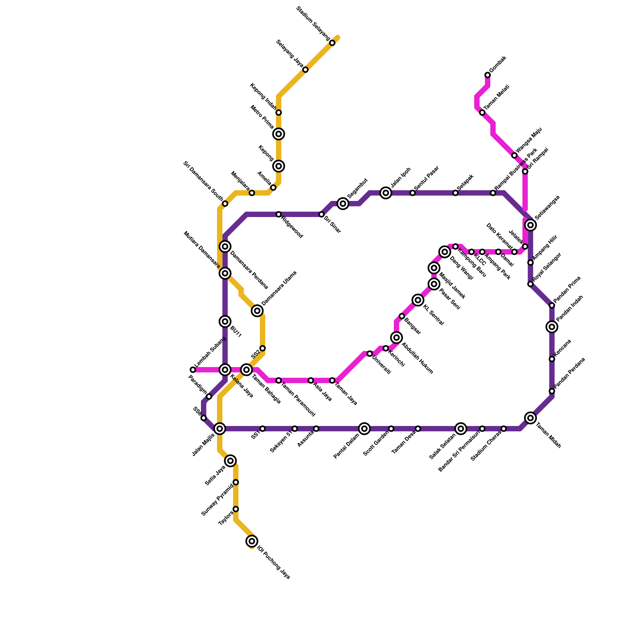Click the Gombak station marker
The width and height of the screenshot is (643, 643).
[x=487, y=75]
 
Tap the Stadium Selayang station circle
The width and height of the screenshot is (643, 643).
[x=332, y=43]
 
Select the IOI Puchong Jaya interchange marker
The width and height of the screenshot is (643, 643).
[x=252, y=541]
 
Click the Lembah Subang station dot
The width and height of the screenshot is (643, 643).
[x=193, y=370]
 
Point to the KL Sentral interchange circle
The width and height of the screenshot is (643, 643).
[x=418, y=300]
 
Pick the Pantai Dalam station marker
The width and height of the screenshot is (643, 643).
[x=365, y=429]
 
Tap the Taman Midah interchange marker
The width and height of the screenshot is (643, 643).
[x=530, y=418]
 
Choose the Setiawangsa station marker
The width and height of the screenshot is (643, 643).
[x=530, y=225]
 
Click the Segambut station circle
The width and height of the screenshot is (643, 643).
[x=343, y=204]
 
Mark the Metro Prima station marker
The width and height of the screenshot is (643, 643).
[x=278, y=134]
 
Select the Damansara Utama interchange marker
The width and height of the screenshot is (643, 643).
[x=257, y=311]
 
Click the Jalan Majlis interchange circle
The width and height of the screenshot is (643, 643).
[x=220, y=429]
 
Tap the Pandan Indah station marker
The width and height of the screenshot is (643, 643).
[x=552, y=327]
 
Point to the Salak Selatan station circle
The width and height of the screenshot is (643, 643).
[x=461, y=429]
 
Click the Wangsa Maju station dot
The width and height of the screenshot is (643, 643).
[x=514, y=156]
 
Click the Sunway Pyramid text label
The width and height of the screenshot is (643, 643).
[x=217, y=500]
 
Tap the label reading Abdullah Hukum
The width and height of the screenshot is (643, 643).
[x=418, y=358]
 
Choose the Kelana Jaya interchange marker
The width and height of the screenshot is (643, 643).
[x=225, y=370]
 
